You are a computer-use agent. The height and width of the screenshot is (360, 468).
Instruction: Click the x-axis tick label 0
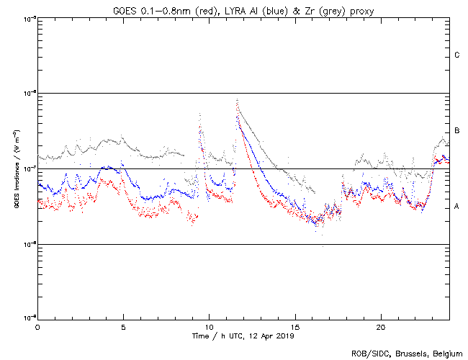click(37, 326)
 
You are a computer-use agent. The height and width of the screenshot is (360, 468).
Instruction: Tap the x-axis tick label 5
click(123, 326)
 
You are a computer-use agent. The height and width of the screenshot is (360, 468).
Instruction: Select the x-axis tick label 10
click(209, 326)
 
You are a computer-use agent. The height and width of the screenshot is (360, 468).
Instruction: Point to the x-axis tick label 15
click(295, 326)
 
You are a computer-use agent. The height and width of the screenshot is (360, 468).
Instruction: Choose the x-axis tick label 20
click(381, 326)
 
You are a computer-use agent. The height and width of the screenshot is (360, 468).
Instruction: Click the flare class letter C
click(457, 55)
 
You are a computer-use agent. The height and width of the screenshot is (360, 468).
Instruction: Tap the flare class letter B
click(457, 131)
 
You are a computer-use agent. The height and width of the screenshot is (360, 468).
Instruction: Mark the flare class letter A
click(457, 207)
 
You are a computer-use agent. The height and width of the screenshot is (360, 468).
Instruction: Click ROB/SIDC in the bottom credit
click(367, 353)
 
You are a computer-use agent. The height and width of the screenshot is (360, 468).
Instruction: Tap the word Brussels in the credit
click(408, 353)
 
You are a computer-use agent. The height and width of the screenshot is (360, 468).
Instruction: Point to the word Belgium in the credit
click(446, 353)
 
